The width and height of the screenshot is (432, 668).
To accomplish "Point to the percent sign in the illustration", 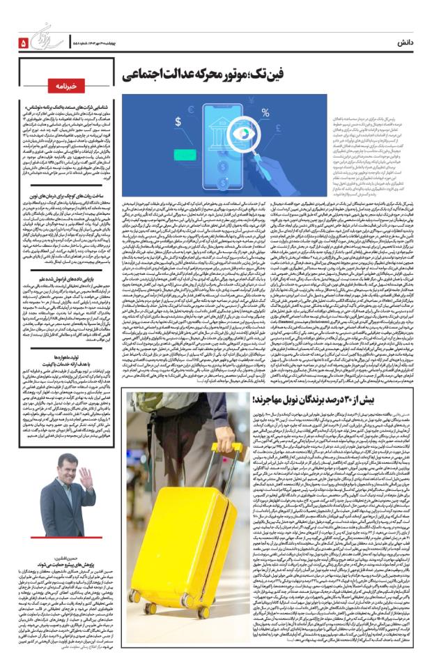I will (x=265, y=111).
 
